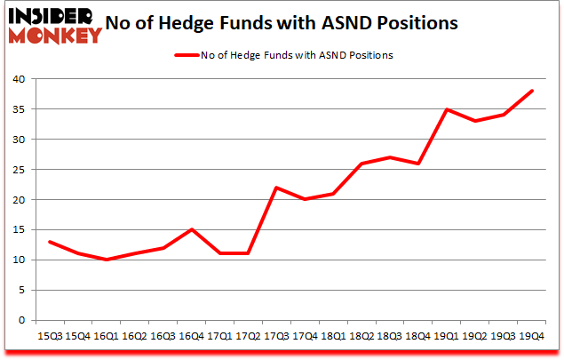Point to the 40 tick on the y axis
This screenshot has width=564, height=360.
point(24,79)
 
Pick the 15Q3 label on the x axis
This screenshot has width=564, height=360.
point(49,337)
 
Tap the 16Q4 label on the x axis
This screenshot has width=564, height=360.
point(191,337)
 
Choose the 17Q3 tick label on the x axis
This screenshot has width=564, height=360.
point(277,337)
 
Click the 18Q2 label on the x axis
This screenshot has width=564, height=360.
point(362,337)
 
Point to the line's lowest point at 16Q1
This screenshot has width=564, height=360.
point(106,260)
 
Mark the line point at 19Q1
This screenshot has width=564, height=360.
point(448,109)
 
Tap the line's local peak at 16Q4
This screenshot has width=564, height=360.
point(191,229)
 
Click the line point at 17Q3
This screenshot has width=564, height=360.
point(277,188)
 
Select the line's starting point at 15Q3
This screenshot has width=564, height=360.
point(49,242)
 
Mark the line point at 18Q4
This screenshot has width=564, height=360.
point(419,164)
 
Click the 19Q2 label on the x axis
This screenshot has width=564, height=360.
point(476,337)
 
